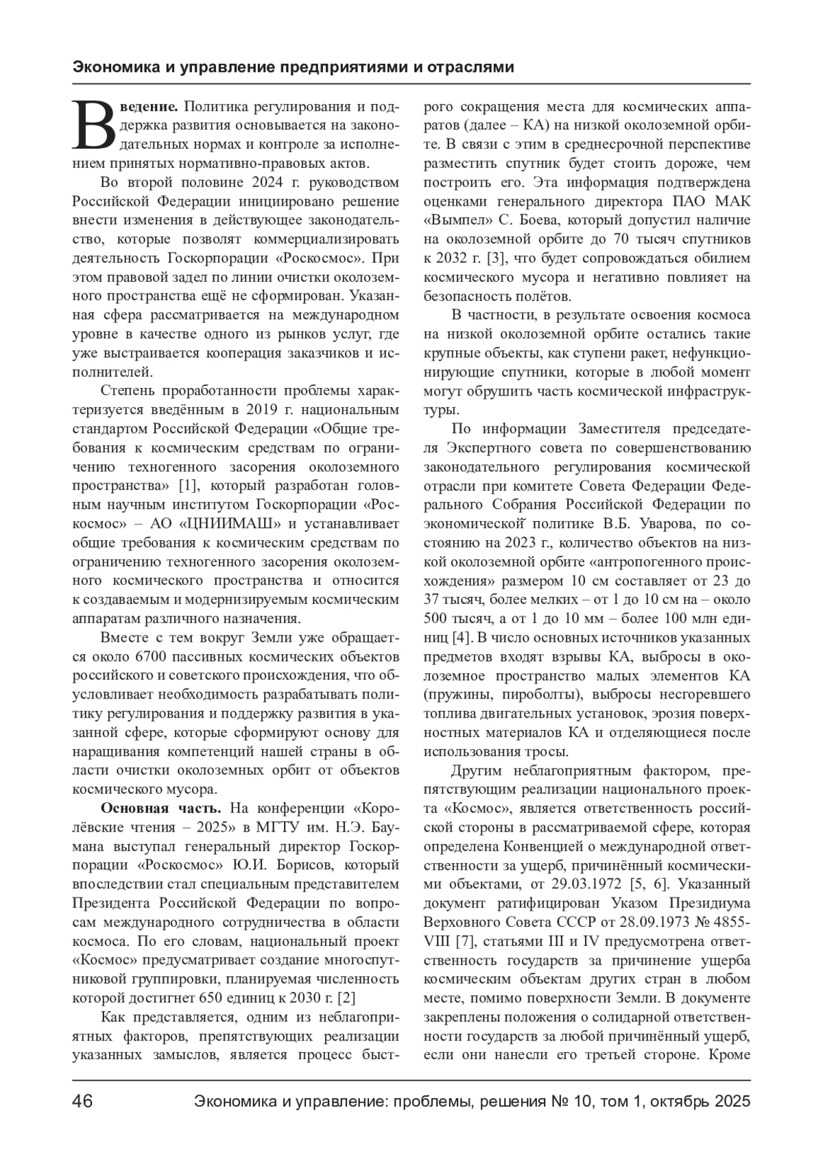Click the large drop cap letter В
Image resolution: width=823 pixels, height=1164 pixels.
(x=95, y=126)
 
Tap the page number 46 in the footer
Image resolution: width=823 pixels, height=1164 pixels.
(x=83, y=1102)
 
